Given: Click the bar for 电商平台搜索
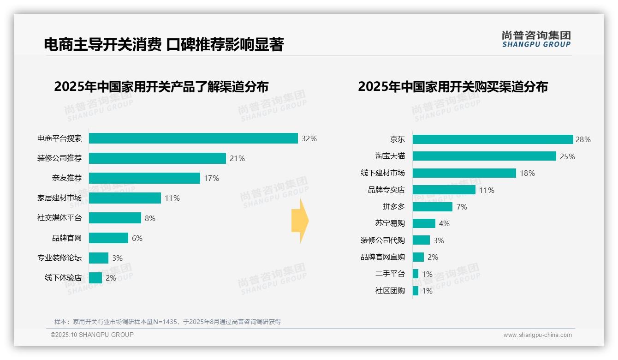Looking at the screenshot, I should click(x=193, y=138).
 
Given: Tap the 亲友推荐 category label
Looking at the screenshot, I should click(x=67, y=178).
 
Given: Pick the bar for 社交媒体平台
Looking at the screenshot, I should click(x=115, y=218).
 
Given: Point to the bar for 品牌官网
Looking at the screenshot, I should click(x=108, y=238).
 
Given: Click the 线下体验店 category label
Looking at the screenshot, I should click(x=63, y=278).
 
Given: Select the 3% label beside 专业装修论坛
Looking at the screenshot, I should click(x=117, y=258).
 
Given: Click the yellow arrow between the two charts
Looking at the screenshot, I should click(x=300, y=221).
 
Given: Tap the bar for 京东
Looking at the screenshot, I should click(x=493, y=139).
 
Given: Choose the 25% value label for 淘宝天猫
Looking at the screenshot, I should click(x=567, y=156).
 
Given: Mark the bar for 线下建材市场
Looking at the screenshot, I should click(x=464, y=173).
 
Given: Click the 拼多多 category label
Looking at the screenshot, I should click(x=393, y=207).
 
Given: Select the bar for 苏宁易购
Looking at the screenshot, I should click(x=424, y=223).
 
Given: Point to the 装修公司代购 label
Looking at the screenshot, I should click(x=383, y=240).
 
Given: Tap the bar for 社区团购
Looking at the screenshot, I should click(x=416, y=291).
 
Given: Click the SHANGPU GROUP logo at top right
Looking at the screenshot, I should click(x=536, y=39).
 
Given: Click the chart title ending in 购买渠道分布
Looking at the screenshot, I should click(x=453, y=87).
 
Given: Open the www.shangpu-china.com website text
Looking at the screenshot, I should click(x=537, y=335).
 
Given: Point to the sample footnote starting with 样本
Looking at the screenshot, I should click(x=167, y=322).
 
